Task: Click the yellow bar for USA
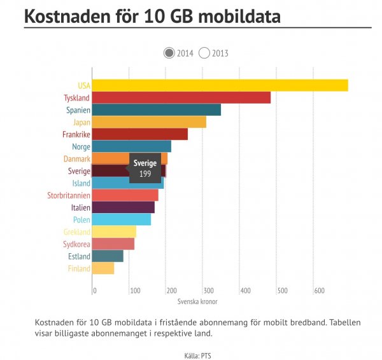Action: coord(220,85)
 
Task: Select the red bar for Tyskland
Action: coord(181,97)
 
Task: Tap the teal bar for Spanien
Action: coord(156,109)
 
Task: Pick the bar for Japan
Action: coord(149,122)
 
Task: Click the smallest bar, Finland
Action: coord(103,268)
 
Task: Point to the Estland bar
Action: coord(108,256)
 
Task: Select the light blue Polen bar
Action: coord(122,219)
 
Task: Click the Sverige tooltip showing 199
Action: coord(145,169)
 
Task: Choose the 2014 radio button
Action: coord(169,53)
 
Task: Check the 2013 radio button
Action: coord(204,53)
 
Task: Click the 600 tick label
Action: coord(319,291)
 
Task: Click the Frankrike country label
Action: coord(76,134)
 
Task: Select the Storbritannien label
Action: coord(69,195)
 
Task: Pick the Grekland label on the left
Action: coord(76,232)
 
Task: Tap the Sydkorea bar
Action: coord(113,244)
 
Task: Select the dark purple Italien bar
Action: coord(124,207)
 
